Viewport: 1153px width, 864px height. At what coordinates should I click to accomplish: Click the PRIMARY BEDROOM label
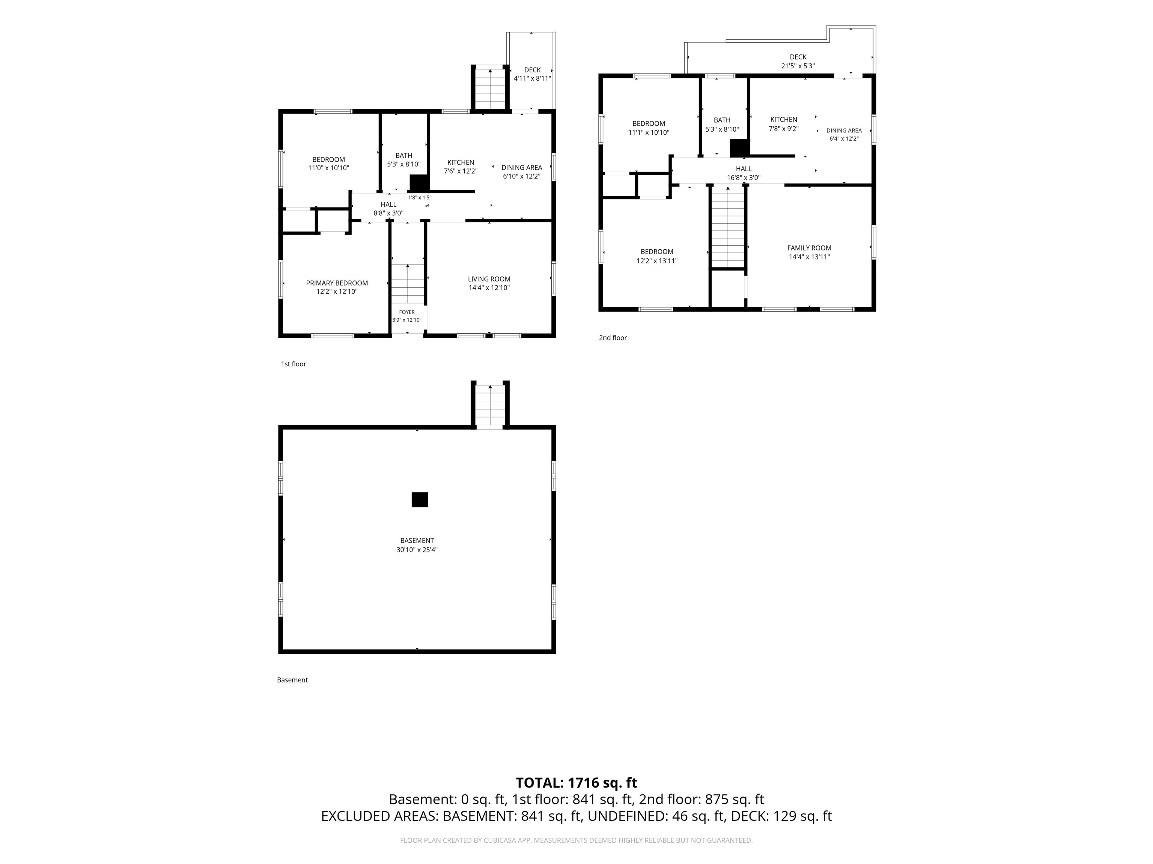(x=337, y=283)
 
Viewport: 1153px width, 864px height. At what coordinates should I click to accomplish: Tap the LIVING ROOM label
(x=489, y=279)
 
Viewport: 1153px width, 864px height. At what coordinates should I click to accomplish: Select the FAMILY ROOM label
(x=809, y=248)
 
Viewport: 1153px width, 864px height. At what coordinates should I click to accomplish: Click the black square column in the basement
(x=420, y=499)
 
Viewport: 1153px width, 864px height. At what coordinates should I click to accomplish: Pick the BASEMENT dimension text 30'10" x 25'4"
(x=417, y=549)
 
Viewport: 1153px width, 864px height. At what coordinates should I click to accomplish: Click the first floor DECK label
(x=532, y=70)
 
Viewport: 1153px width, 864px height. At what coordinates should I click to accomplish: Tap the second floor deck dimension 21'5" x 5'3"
(x=798, y=66)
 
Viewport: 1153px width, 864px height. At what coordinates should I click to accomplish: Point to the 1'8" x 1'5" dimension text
(x=420, y=197)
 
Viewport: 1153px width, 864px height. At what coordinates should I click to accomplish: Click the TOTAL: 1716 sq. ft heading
(x=576, y=783)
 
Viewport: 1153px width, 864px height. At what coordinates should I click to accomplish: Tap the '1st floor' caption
(x=294, y=364)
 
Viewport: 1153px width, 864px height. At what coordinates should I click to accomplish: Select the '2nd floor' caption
(x=613, y=338)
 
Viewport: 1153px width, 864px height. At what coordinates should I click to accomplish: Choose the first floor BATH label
(x=404, y=155)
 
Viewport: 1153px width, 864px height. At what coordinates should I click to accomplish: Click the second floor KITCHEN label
(x=783, y=119)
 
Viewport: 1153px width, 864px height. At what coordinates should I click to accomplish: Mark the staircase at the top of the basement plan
(x=490, y=405)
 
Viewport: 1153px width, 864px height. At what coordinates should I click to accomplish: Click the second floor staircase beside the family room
(x=728, y=227)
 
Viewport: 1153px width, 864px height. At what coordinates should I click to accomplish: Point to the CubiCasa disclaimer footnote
(x=576, y=840)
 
